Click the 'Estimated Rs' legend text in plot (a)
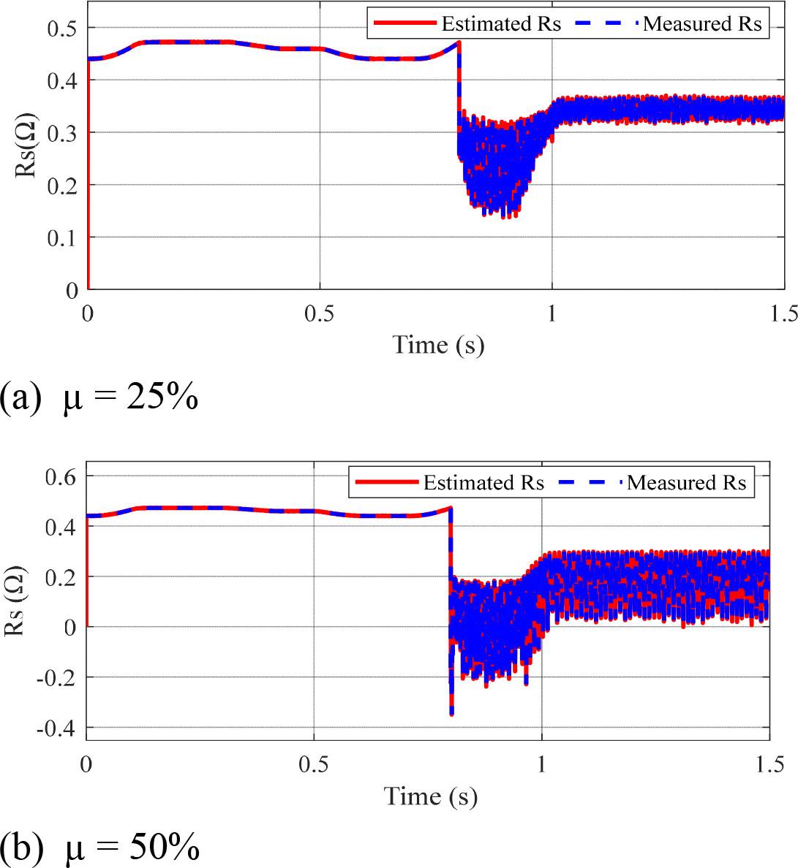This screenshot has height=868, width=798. pos(501,24)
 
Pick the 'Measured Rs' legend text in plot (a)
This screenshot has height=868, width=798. pos(702,24)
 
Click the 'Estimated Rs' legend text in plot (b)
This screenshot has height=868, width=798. pos(483,483)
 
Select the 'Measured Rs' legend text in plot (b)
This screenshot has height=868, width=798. pos(687,483)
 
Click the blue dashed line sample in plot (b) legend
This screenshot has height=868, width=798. pos(590,483)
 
